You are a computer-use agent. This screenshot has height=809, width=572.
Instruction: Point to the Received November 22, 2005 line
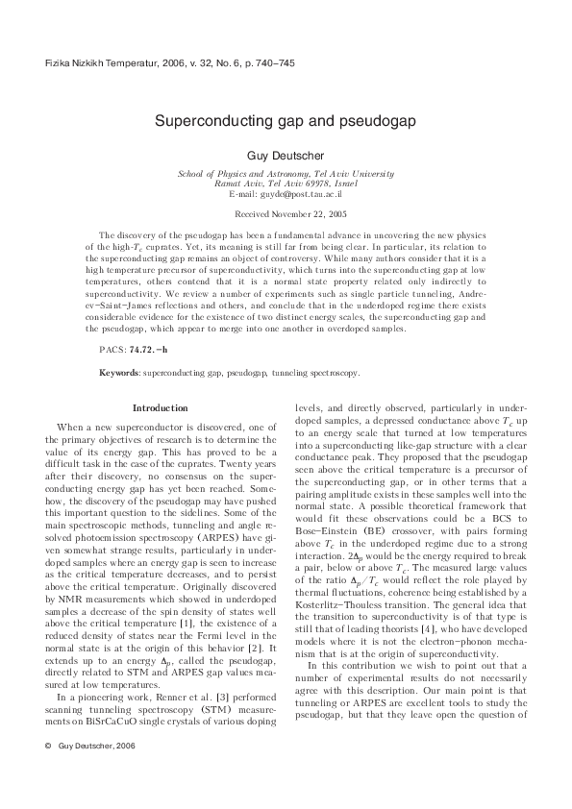(286, 214)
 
